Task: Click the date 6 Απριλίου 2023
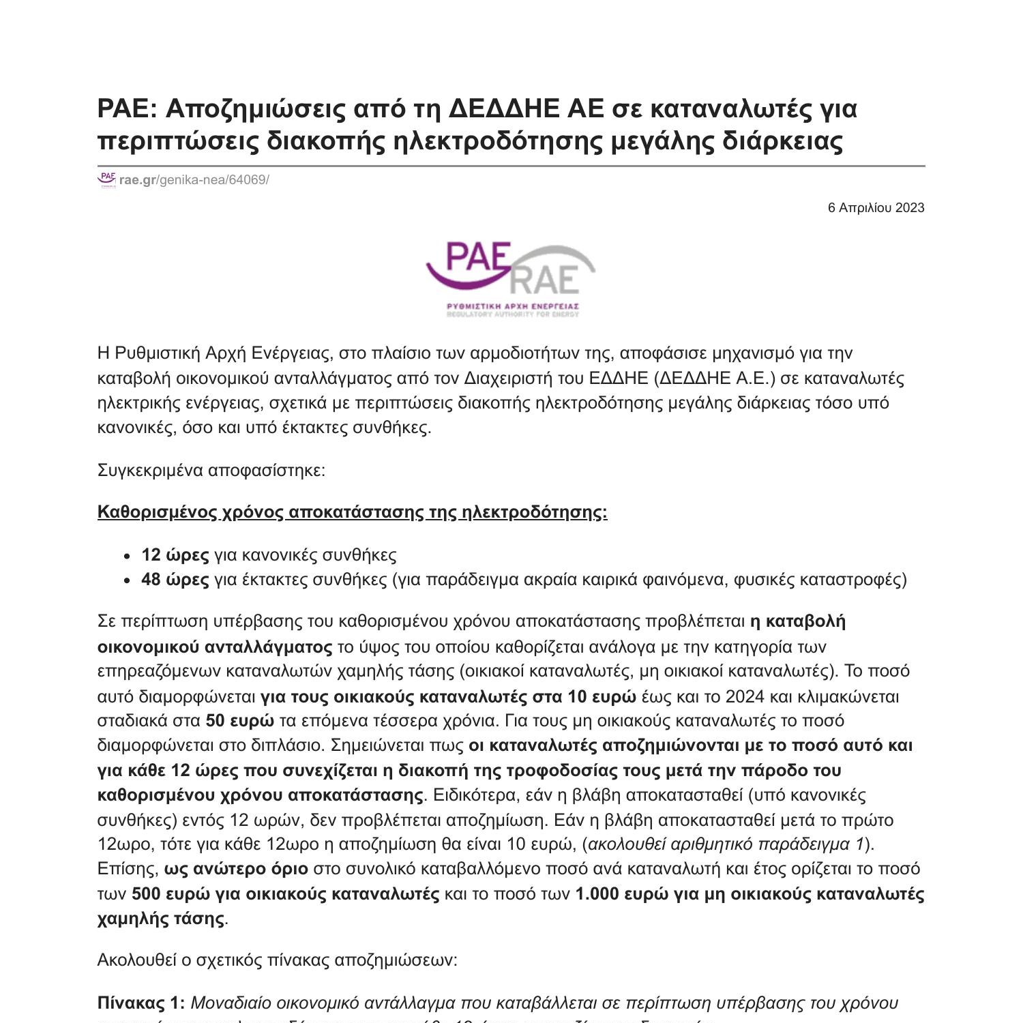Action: coord(876,208)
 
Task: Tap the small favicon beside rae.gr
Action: coord(107,180)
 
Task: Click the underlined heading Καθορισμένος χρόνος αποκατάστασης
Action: coord(352,512)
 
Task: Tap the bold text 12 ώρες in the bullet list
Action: coord(175,555)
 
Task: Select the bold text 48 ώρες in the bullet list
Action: coord(175,580)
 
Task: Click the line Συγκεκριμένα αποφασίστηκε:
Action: coord(211,471)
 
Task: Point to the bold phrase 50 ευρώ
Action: coord(240,721)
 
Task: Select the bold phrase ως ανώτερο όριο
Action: coord(236,869)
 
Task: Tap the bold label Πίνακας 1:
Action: coord(141,1003)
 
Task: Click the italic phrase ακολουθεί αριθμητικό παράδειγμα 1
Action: coord(726,844)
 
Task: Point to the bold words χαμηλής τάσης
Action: coord(161,919)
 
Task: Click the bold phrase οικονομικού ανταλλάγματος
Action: coord(215,647)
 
